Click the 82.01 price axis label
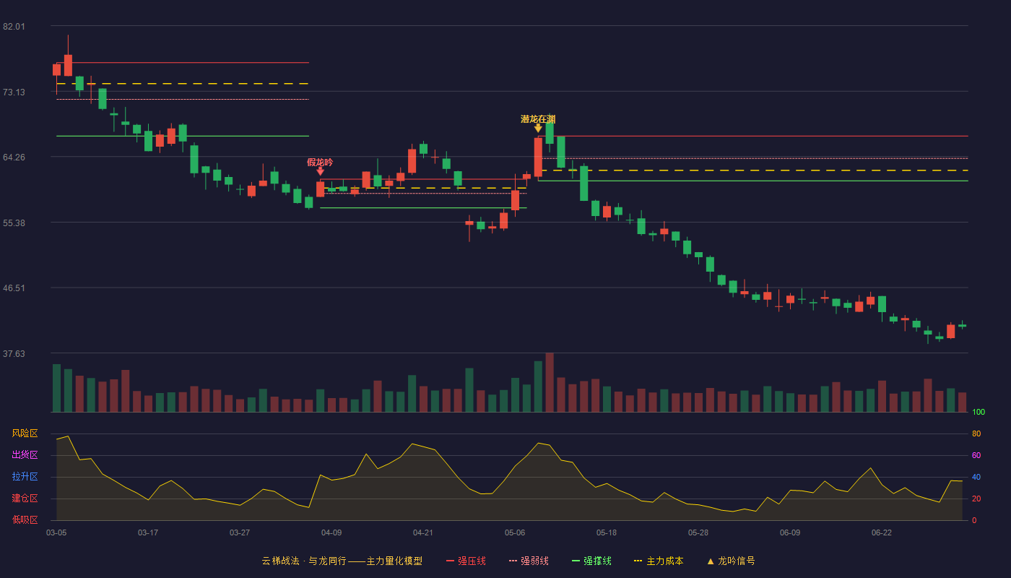tap(14, 27)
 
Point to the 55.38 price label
tap(14, 223)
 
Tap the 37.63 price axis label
tap(14, 353)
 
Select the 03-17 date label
tap(148, 533)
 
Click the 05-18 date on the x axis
tap(607, 533)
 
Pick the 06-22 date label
tap(882, 533)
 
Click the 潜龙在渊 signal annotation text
tap(538, 119)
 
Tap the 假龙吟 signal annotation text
tap(320, 162)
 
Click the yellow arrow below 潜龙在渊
tap(538, 129)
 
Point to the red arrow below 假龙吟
tap(320, 171)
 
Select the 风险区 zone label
tap(25, 433)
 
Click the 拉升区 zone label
tap(25, 477)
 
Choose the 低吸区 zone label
tap(25, 520)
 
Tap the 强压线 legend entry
tap(467, 561)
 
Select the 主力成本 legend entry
tap(659, 561)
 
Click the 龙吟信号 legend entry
tap(731, 561)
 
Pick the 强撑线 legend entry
tap(591, 561)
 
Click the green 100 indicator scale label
tap(979, 412)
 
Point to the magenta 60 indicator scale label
tap(976, 455)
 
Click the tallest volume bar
tap(550, 382)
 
